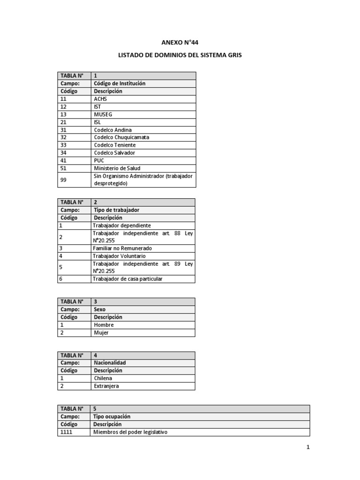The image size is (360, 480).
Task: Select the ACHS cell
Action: pyautogui.click(x=100, y=99)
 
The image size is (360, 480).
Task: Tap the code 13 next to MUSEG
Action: pyautogui.click(x=64, y=114)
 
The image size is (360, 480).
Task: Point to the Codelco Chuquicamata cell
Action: pyautogui.click(x=121, y=137)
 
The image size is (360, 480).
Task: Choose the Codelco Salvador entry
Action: pyautogui.click(x=114, y=153)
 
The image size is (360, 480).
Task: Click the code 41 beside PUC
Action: pyautogui.click(x=64, y=160)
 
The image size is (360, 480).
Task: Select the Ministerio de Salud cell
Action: pyautogui.click(x=117, y=168)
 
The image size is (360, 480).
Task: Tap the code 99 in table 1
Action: pyautogui.click(x=64, y=180)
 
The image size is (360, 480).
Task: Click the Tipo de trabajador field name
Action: pyautogui.click(x=116, y=210)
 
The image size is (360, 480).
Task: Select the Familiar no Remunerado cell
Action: pyautogui.click(x=122, y=248)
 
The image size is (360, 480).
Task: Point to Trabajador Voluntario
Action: pyautogui.click(x=119, y=256)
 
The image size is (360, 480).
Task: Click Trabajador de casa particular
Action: pyautogui.click(x=127, y=279)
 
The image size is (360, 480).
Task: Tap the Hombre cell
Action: pyautogui.click(x=104, y=325)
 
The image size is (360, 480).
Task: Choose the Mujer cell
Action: pyautogui.click(x=101, y=333)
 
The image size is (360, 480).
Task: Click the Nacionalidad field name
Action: pyautogui.click(x=110, y=363)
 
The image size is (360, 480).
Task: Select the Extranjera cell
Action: pyautogui.click(x=106, y=386)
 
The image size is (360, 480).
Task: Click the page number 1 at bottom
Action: pyautogui.click(x=308, y=448)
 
